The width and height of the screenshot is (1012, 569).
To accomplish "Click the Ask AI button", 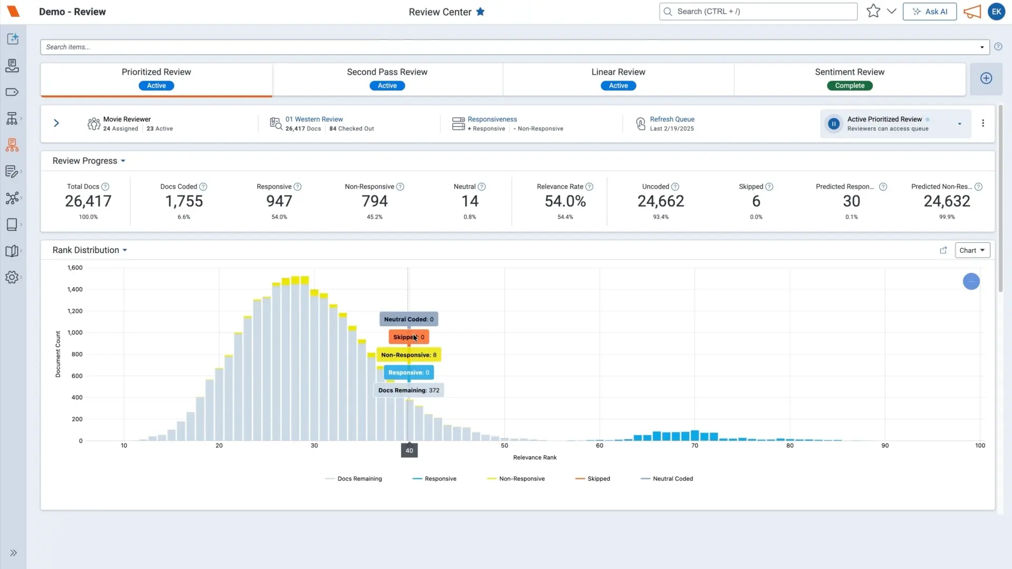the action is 930,12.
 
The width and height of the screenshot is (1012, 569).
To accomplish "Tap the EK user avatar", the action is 996,12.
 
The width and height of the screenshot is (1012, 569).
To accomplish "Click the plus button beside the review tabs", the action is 986,79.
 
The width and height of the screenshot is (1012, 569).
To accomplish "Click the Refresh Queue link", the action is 672,119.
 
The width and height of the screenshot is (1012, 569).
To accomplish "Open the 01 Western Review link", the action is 314,119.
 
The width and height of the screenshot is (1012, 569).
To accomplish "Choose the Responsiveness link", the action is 492,119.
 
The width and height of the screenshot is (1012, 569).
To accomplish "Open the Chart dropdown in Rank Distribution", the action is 972,250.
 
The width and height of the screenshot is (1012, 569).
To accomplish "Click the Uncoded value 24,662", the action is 660,201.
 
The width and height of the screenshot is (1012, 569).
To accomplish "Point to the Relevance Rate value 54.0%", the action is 565,201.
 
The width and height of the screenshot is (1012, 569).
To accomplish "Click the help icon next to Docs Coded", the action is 203,187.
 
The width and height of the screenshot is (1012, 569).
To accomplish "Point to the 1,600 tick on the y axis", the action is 75,268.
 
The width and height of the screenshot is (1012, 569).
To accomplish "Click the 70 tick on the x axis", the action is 695,446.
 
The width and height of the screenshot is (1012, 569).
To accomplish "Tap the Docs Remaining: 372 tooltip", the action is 409,390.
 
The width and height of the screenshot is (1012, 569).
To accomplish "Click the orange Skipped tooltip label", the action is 409,337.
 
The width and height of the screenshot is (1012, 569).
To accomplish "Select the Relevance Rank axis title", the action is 535,458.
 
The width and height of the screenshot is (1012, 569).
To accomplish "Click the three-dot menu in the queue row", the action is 983,123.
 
